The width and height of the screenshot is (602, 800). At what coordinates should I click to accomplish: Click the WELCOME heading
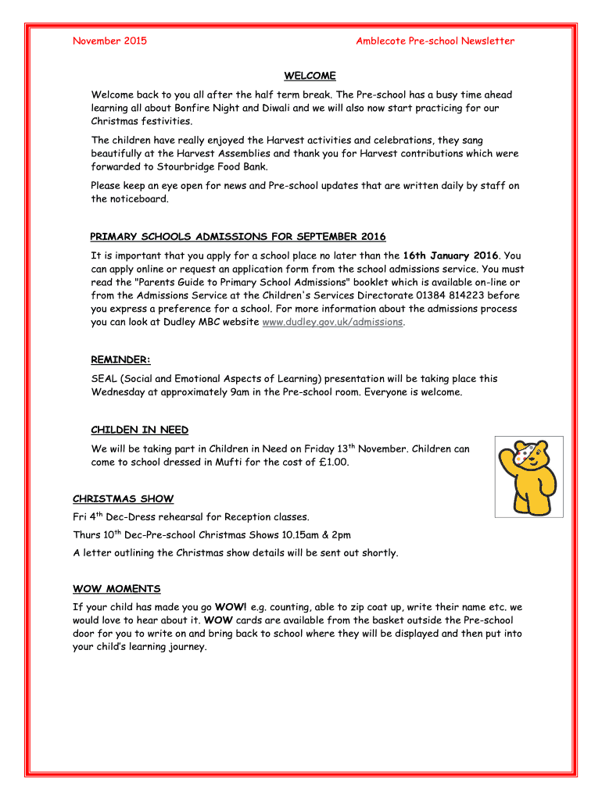point(310,76)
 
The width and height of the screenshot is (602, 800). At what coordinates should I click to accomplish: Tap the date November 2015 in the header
point(109,41)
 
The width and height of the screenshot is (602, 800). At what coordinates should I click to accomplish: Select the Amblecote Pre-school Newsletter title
point(435,41)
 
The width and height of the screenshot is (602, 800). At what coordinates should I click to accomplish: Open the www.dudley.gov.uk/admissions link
point(332,322)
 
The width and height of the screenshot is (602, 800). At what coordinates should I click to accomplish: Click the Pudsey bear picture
point(529,476)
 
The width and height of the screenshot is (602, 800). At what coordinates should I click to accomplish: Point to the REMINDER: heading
point(120,360)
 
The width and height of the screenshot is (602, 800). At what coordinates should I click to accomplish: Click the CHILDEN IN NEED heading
point(140,430)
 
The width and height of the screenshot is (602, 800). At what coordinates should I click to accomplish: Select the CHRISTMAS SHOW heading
point(123,498)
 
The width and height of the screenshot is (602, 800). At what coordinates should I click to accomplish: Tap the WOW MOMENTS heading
point(116,588)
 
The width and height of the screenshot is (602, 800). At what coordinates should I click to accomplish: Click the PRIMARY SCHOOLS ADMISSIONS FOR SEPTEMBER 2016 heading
point(238,237)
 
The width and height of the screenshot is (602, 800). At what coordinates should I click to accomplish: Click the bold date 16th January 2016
point(450,255)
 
